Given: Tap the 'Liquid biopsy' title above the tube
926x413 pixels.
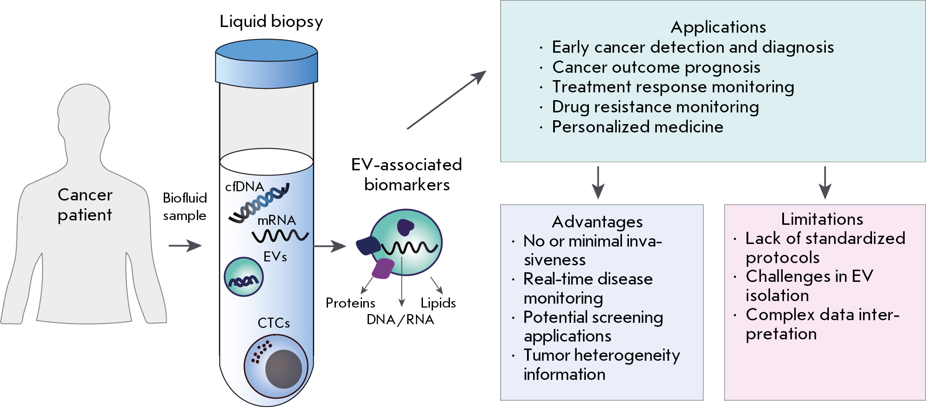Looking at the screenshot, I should (x=271, y=22).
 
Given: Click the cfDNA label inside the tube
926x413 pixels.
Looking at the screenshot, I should (x=244, y=187).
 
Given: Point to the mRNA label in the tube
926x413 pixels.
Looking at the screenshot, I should (x=277, y=220).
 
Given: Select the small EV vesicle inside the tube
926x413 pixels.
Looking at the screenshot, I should (x=243, y=277).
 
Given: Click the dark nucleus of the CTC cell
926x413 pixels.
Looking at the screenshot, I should (x=284, y=369).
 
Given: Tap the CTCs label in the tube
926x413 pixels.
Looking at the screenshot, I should (x=274, y=323).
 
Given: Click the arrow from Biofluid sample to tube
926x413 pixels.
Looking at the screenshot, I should (x=185, y=246).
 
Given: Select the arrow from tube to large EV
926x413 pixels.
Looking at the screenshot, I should (x=330, y=246).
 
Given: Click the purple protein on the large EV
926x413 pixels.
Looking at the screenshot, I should (x=383, y=268).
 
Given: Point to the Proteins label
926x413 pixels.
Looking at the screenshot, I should (x=350, y=303).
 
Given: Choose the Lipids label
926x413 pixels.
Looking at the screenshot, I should (x=438, y=303).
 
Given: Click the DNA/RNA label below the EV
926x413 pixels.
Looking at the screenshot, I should (x=400, y=320).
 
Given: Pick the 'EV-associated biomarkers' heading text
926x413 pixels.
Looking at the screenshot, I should (x=406, y=175).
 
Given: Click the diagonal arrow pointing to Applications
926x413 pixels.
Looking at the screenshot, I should (x=446, y=100).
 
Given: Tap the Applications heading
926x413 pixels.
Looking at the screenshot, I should (x=718, y=27).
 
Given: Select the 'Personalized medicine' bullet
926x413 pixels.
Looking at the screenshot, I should (x=637, y=127).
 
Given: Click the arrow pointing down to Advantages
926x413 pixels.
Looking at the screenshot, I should (x=598, y=183).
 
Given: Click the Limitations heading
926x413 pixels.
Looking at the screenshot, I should (x=822, y=219).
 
